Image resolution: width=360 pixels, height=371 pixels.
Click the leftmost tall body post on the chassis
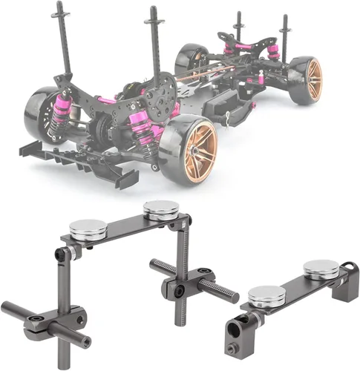pyautogui.click(x=62, y=37)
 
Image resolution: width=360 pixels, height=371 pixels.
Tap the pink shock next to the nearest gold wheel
pyautogui.click(x=143, y=126)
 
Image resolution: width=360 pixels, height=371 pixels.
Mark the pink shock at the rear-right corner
pyautogui.click(x=274, y=50)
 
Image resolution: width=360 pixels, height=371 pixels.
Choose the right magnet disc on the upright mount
pyautogui.click(x=160, y=211)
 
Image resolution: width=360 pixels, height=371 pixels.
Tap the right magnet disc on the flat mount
pyautogui.click(x=321, y=269)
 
